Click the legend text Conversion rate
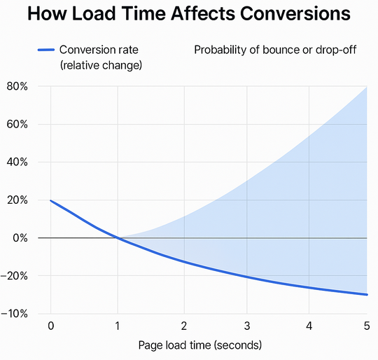[x=100, y=50]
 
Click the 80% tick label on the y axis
[x=15, y=87]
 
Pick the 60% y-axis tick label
[x=15, y=125]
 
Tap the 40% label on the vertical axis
[x=15, y=162]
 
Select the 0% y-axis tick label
[x=18, y=238]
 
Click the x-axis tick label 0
[x=50, y=326]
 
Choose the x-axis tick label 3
[x=247, y=326]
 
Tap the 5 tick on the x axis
[x=367, y=326]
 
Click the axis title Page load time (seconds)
[x=199, y=345]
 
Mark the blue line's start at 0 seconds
[x=50, y=200]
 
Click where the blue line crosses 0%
[x=116, y=238]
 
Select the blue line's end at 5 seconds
[x=367, y=294]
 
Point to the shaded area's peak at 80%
[x=366, y=88]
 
